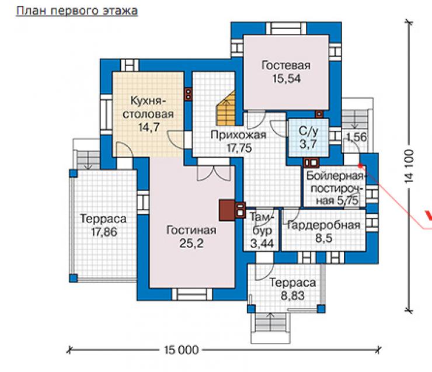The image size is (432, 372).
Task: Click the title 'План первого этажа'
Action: coord(77,11)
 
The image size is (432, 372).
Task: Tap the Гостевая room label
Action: coord(286,65)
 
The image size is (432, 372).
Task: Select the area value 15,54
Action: coord(287,79)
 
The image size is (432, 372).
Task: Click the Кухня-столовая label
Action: coord(148,107)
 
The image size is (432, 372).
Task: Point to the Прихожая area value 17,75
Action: coord(239,148)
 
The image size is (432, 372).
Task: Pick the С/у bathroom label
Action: coord(308,131)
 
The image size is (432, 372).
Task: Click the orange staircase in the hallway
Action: coord(226,108)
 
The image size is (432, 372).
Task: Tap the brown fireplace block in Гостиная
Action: coord(227,210)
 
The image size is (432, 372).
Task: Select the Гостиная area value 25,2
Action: coord(191,244)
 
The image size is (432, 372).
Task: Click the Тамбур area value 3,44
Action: coord(262,244)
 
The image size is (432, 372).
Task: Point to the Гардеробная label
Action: coord(324,225)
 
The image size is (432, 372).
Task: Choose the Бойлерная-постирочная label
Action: coord(335,188)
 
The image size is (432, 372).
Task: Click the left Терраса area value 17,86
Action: coord(104,232)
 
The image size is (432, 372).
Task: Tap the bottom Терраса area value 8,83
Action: coord(292,296)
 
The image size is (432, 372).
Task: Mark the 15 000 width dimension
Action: coord(181,350)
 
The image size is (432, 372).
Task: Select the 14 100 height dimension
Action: coord(409,166)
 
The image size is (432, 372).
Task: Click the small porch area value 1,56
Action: coord(357,137)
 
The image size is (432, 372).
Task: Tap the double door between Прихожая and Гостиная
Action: coord(214,172)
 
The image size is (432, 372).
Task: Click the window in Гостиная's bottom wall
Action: coord(192,294)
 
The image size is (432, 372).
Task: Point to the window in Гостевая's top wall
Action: coord(286,28)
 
